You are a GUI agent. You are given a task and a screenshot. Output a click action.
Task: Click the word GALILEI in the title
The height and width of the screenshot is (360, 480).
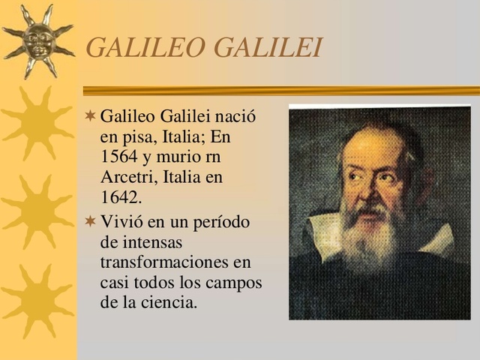268,47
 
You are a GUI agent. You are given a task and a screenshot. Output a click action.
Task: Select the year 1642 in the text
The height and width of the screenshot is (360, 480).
119,197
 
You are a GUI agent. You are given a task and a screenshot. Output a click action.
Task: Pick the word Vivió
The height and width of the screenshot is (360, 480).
120,223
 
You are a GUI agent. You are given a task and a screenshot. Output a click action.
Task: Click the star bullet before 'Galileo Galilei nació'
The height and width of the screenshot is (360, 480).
90,118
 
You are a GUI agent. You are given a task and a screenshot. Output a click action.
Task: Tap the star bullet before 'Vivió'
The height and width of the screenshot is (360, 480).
90,223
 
